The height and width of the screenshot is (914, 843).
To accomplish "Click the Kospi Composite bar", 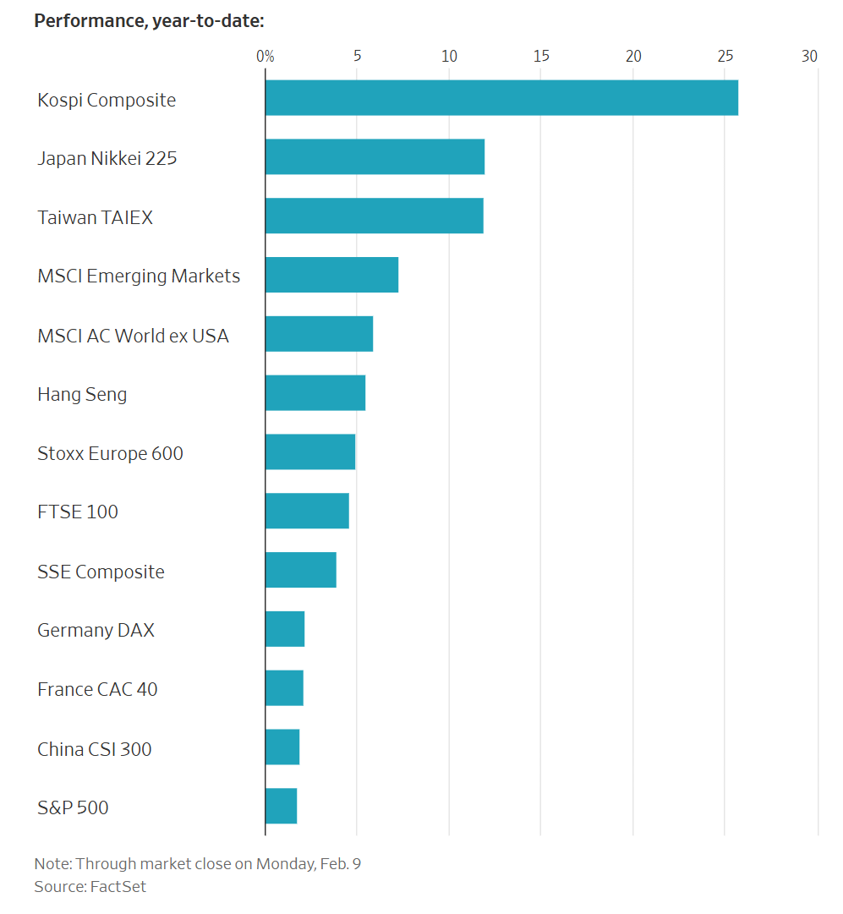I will pos(501,98).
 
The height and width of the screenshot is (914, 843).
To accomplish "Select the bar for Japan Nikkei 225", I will pos(375,157).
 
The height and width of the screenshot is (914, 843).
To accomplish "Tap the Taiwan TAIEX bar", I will pos(374,216).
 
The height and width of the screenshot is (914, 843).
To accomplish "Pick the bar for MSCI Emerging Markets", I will pos(331,276).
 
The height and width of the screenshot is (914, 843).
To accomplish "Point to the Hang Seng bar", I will pos(315,393).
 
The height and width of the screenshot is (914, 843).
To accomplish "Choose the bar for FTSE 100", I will pos(307,512).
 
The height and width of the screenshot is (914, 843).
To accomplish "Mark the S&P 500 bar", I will pos(281,807).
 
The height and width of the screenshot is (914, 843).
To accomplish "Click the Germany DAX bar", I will pos(285,630).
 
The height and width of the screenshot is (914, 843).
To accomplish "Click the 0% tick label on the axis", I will pos(265,57).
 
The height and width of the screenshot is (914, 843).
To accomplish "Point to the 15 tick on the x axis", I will pos(541,57).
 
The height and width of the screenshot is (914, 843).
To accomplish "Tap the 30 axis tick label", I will pos(809,57).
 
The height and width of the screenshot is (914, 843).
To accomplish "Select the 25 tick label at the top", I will pos(725,57).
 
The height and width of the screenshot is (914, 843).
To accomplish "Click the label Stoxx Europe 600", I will pos(110,453).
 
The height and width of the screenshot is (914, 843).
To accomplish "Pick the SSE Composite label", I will pos(101,572).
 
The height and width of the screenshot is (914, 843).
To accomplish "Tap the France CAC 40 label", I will pos(97,689).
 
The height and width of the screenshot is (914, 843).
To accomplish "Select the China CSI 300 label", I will pos(95,749).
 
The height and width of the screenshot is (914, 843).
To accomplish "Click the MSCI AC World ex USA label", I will pos(133,336).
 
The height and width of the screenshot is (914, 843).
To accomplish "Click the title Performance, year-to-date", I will pos(149,20).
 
